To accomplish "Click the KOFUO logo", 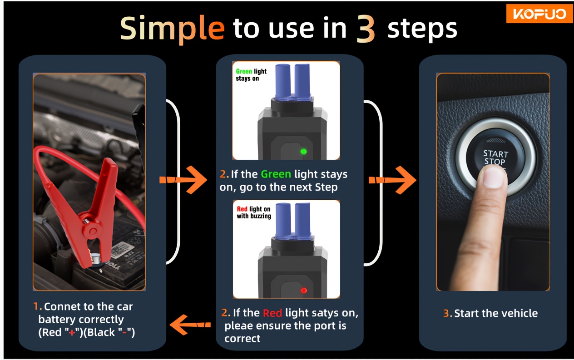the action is (539, 14).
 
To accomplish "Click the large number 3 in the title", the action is (366, 29).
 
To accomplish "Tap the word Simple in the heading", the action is (172, 29).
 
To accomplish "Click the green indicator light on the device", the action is (304, 152).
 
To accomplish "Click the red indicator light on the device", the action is (304, 291).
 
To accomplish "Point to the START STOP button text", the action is (495, 158).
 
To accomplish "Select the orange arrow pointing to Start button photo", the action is (392, 180).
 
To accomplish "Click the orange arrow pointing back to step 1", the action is (190, 325).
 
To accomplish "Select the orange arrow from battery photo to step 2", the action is (183, 180).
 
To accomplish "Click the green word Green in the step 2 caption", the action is (276, 174).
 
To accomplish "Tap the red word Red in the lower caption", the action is (272, 313).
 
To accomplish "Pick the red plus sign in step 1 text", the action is (72, 333).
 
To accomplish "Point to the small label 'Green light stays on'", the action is (251, 74).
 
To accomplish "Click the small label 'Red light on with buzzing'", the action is (254, 212).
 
